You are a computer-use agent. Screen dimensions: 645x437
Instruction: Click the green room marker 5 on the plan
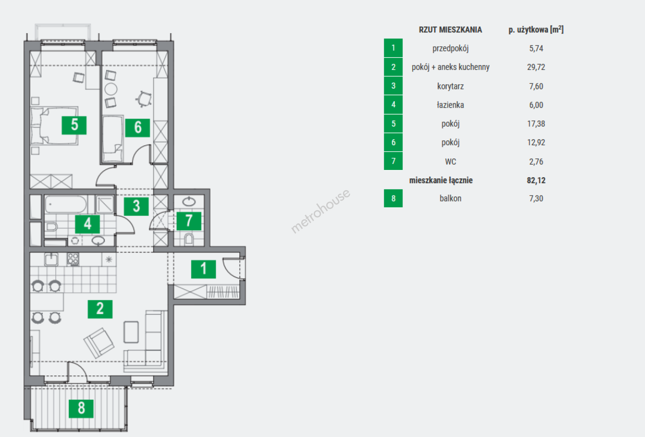74,125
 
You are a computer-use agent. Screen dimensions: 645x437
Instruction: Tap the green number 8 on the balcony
81,409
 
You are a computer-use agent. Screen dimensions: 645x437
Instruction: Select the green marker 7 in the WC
189,221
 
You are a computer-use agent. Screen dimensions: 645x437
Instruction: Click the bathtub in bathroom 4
66,204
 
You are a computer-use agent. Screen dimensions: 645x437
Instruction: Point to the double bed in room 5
54,125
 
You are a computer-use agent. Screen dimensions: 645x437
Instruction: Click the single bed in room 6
113,139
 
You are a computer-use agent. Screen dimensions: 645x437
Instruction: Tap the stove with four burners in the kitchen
73,259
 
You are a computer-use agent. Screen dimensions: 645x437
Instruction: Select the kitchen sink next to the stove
51,259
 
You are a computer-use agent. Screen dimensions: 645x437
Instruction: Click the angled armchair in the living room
99,343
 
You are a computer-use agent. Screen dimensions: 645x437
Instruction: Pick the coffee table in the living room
131,332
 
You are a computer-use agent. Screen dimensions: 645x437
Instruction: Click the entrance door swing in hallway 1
233,268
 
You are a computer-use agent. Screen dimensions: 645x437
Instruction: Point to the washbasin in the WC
189,202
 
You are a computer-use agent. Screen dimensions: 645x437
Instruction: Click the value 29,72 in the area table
536,67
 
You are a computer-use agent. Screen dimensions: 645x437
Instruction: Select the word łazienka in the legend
450,105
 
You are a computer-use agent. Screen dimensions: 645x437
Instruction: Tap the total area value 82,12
536,180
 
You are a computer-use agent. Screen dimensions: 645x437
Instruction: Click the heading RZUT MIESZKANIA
450,30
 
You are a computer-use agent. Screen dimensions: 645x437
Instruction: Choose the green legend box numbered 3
393,86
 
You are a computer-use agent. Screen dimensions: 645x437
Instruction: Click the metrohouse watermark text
321,211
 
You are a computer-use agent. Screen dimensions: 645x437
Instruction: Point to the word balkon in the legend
450,198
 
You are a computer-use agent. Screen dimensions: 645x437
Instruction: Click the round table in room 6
111,89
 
